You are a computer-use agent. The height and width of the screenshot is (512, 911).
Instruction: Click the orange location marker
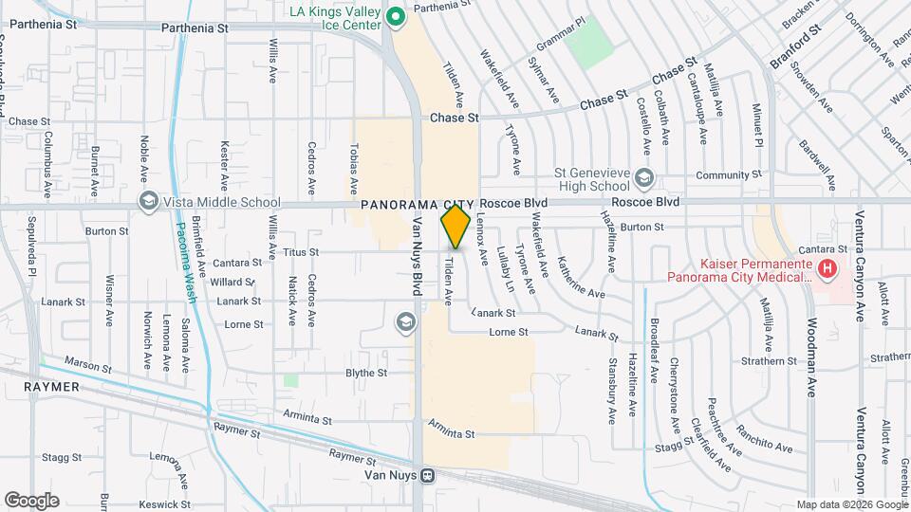(x=455, y=227)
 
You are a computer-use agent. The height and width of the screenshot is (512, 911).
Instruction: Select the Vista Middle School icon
(x=147, y=202)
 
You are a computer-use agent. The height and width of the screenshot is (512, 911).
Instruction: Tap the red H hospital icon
(x=827, y=269)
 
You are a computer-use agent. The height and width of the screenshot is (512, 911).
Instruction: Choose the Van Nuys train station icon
(x=429, y=475)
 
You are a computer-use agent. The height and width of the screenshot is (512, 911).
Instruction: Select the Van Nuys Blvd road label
(x=415, y=256)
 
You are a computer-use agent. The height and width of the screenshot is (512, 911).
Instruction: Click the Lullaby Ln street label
(x=505, y=269)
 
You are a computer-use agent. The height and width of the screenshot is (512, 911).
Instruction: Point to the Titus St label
(x=301, y=252)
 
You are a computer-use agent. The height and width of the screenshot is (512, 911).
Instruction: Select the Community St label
(x=729, y=175)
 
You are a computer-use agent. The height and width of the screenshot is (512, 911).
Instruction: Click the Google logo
(x=31, y=501)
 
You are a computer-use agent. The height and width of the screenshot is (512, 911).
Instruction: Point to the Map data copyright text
(x=851, y=504)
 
